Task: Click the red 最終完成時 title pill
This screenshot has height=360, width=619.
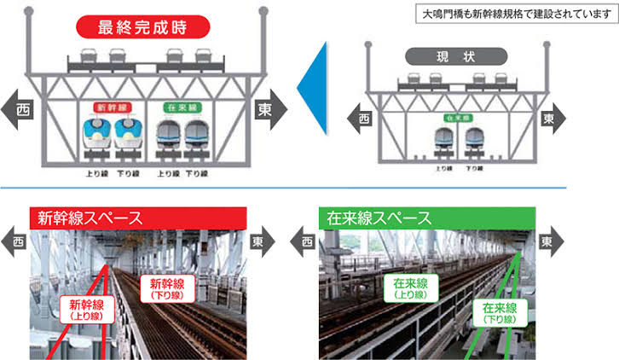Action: [142, 27]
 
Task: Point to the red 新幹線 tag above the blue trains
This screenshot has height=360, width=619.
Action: [113, 109]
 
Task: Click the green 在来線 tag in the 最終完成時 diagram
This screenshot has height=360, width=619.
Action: [181, 109]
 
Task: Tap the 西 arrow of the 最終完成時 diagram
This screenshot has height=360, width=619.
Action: [19, 109]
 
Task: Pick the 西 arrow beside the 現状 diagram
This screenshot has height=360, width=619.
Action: [363, 117]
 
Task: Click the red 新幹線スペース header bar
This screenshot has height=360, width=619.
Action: [136, 218]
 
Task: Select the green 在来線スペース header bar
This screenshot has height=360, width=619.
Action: [428, 218]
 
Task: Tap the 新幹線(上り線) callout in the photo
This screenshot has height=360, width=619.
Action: [87, 308]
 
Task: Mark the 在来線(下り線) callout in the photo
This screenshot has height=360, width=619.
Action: [500, 312]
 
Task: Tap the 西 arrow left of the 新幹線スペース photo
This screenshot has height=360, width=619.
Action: [15, 242]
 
